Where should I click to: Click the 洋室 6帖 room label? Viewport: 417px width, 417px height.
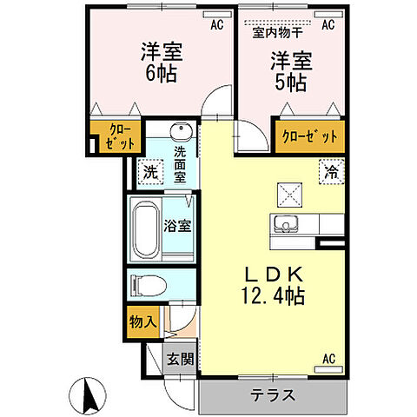point(159,63)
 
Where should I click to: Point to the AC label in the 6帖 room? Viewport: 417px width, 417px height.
point(216,25)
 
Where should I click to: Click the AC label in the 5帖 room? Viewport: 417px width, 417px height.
point(328,25)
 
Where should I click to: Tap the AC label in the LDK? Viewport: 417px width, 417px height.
point(328,358)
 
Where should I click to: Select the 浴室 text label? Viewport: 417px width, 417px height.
point(178,225)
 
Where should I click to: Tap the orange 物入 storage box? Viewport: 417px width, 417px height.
point(144,322)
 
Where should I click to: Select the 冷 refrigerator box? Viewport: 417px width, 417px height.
point(330,172)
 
